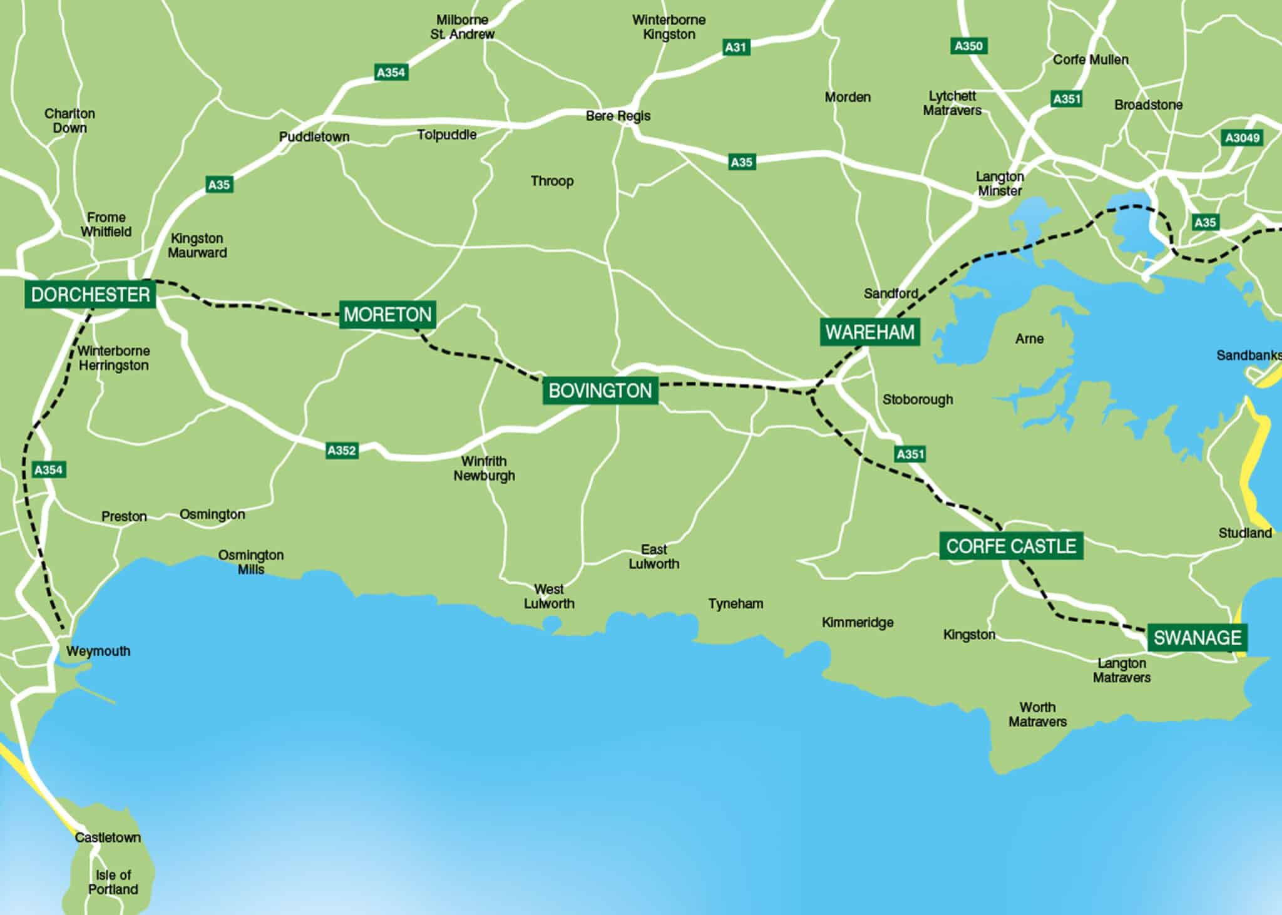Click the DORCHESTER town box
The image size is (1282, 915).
point(90,295)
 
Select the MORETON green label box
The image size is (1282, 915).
point(387,314)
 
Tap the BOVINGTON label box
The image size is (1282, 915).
point(600,391)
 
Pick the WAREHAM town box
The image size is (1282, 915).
point(869,332)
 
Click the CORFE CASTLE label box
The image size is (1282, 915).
point(1010,546)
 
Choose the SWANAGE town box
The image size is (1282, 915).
point(1197,638)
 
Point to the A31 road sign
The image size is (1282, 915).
point(736,47)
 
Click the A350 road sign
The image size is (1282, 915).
point(968,46)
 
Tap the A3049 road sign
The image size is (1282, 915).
point(1243,138)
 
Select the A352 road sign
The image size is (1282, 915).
point(342,450)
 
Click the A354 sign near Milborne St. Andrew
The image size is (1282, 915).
point(391,73)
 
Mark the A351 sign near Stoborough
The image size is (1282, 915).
point(910,454)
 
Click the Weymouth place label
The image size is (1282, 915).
point(98,651)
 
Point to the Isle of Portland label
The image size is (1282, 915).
point(113,882)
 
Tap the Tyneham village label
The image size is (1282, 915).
point(736,604)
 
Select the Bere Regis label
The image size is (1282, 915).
point(618,116)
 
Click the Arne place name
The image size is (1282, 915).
point(1029,339)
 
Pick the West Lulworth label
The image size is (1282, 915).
point(549,596)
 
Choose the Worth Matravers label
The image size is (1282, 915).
point(1037,714)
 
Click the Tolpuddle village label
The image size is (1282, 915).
point(447,135)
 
